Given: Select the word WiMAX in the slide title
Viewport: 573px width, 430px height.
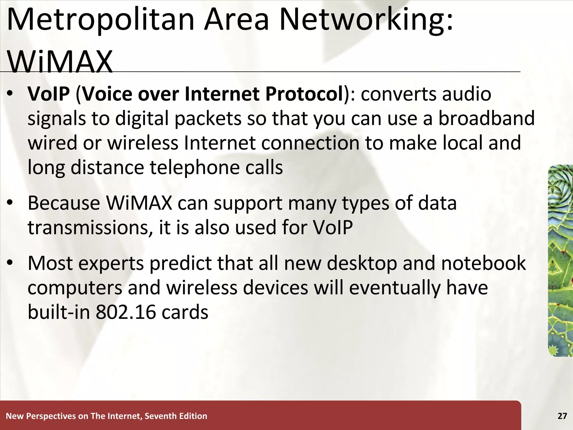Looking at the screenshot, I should [x=60, y=62].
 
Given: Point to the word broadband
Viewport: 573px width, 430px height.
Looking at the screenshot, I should [x=486, y=118].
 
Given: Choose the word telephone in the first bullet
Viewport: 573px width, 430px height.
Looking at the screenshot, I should [x=195, y=167].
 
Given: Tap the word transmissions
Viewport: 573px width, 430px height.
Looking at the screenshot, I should [x=90, y=227].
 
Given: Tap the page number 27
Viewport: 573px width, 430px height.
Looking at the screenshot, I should [x=562, y=416].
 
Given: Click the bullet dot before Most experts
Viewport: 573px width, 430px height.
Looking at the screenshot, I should [x=10, y=263].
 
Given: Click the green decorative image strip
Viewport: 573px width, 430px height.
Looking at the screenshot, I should [x=560, y=260].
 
